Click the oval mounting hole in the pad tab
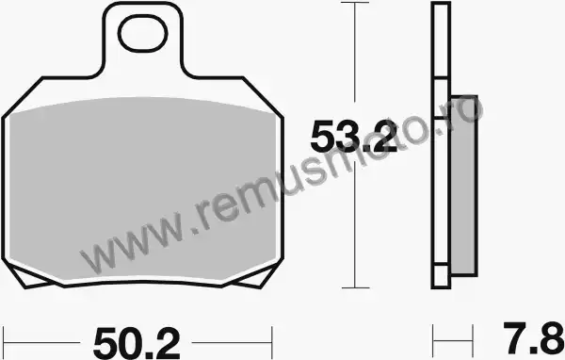(x=143, y=33)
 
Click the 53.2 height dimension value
(x=354, y=137)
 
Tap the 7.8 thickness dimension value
(x=533, y=338)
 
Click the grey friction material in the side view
(x=464, y=186)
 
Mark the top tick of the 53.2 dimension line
(x=355, y=3)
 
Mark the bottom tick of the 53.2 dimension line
(x=355, y=287)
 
